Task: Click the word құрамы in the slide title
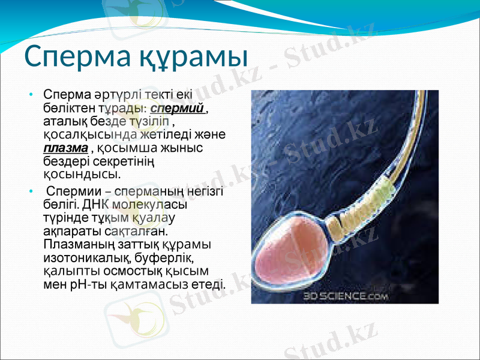click(194, 57)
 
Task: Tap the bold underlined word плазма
click(66, 148)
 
